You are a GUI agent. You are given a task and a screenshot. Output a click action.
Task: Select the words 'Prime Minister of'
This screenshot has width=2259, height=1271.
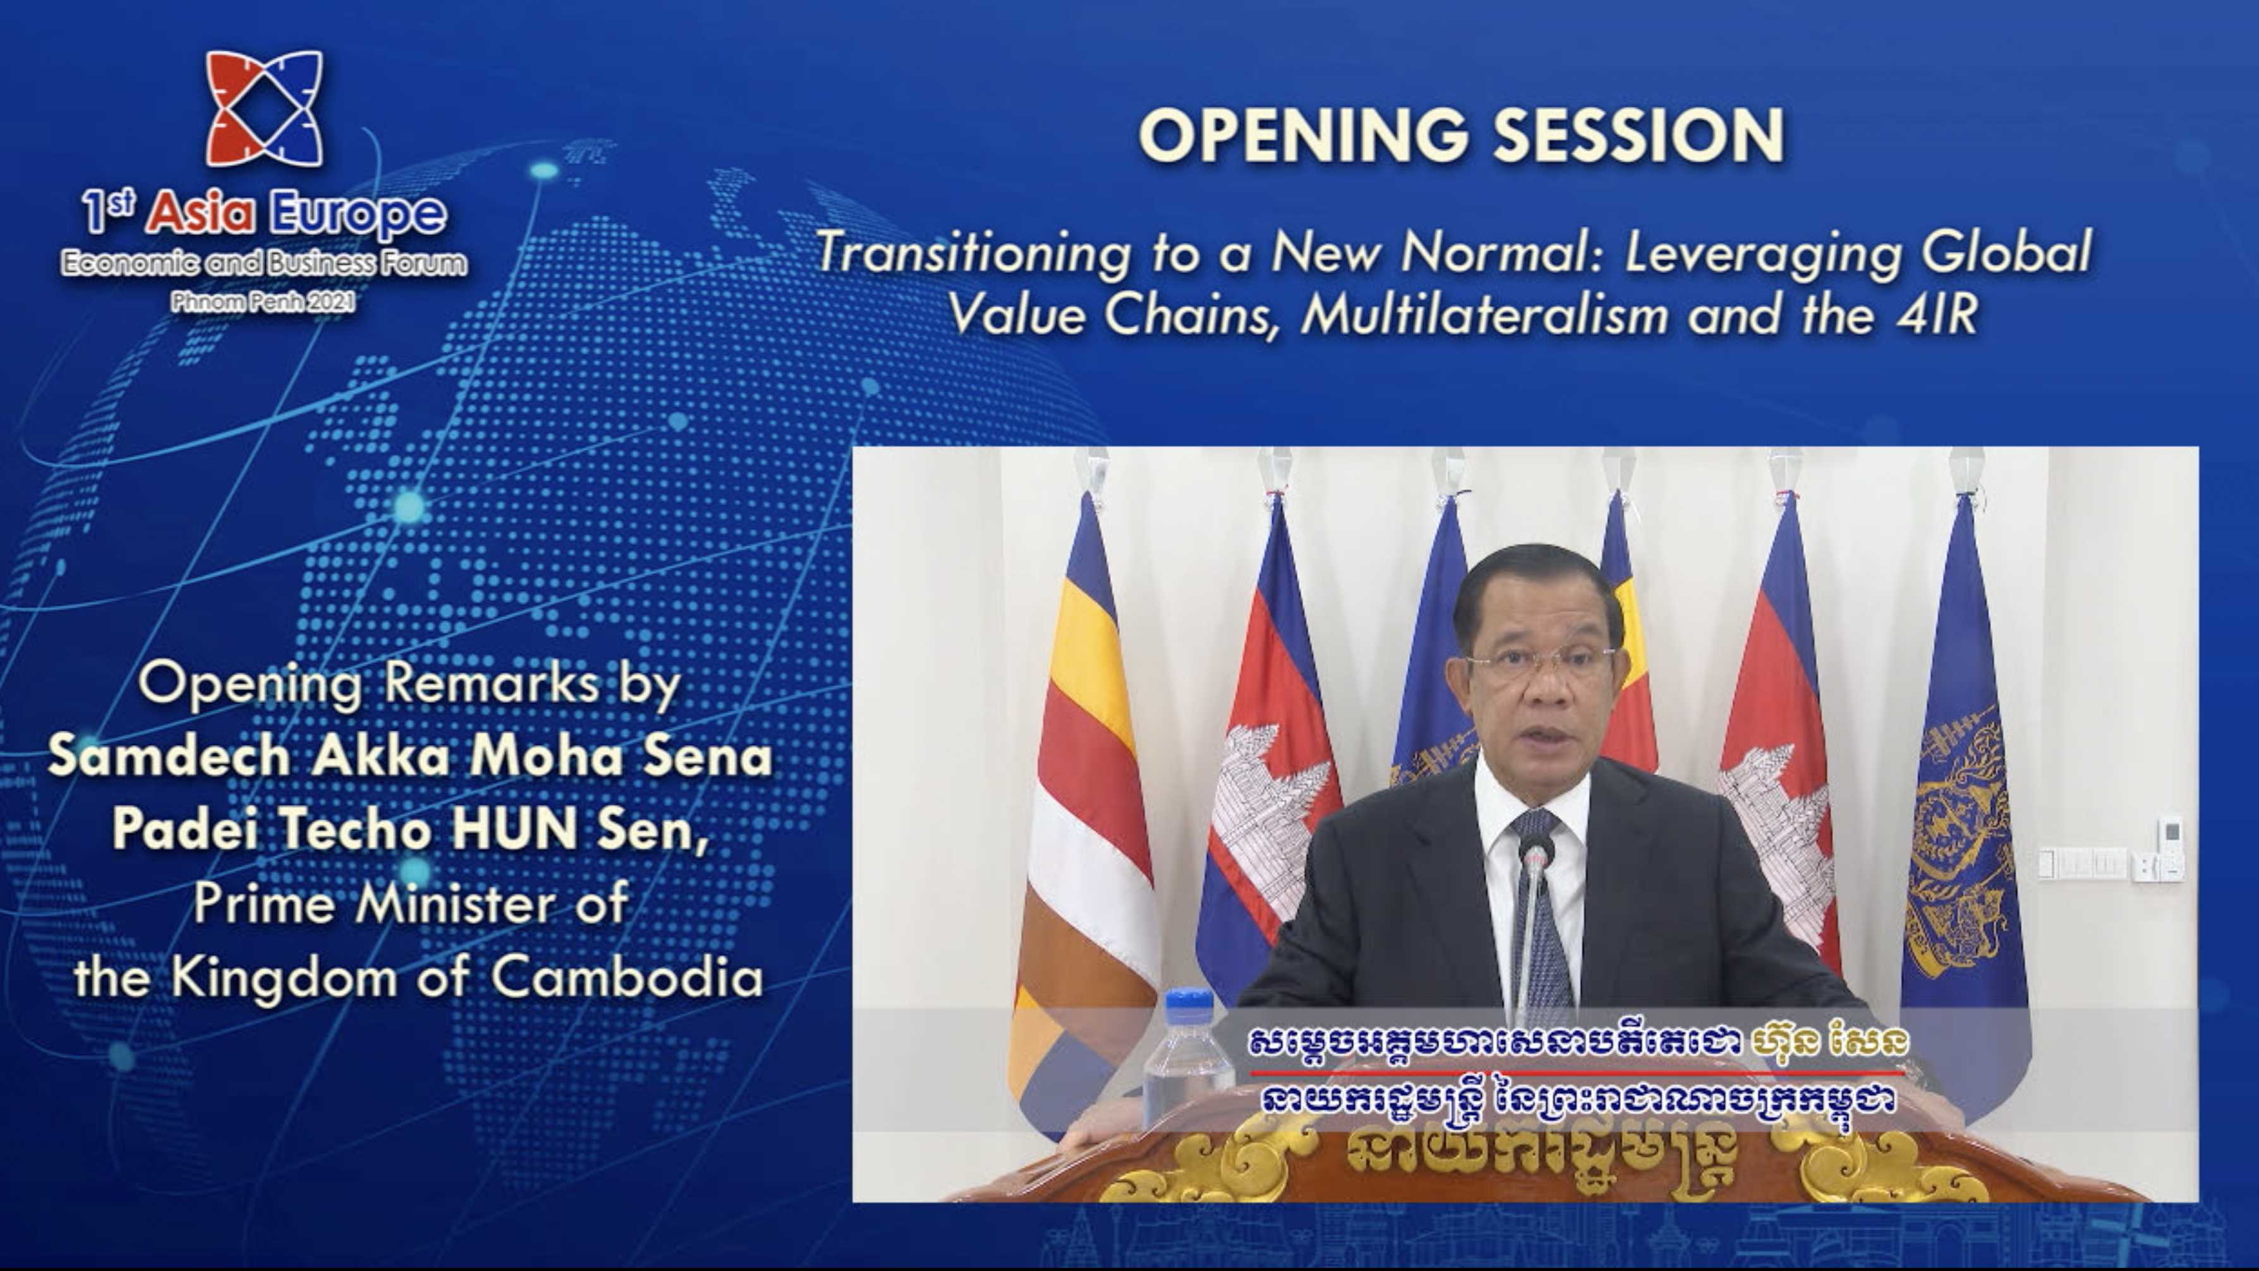coord(410,903)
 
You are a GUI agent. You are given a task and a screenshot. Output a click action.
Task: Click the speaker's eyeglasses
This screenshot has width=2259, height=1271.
coord(1541,657)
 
